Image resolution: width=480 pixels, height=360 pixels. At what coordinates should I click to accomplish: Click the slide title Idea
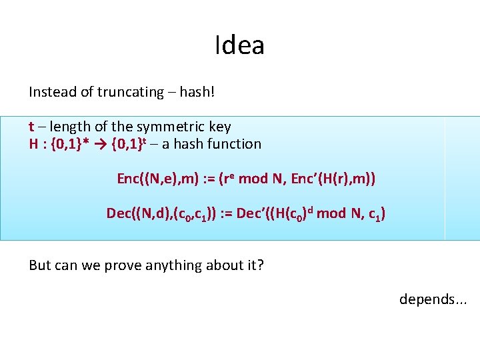pos(240,45)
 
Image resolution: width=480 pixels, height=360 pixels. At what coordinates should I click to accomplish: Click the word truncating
pos(131,92)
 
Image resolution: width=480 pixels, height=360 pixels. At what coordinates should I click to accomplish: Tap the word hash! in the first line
pos(197,92)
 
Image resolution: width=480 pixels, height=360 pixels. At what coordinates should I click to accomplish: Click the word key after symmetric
pos(219,127)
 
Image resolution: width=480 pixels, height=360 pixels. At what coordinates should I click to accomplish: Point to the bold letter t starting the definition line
pos(31,127)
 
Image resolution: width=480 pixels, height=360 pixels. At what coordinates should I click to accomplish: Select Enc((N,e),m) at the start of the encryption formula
pos(154,179)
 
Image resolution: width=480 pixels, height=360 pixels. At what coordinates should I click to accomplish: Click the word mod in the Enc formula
pos(253,179)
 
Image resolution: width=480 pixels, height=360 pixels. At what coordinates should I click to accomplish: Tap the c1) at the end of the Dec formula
pos(376,214)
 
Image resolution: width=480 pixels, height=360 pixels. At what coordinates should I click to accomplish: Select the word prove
pos(124,265)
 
